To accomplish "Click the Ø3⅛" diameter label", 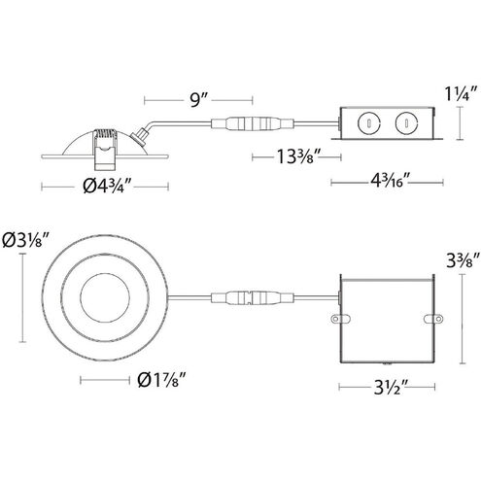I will pyautogui.click(x=26, y=240).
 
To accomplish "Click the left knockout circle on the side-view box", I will pyautogui.click(x=370, y=122).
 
